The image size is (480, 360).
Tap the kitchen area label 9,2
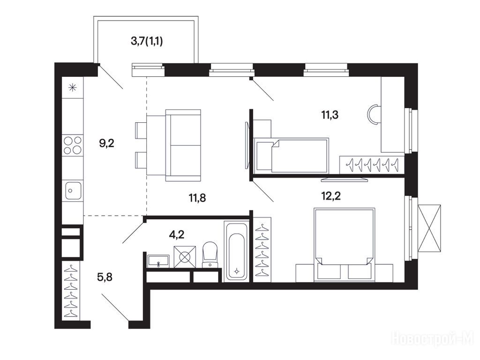coord(106,143)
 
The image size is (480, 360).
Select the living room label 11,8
coord(197,198)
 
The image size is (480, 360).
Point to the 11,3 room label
coord(330,115)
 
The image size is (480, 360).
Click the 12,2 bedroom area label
coord(331,195)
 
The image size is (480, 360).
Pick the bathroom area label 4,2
coord(177,235)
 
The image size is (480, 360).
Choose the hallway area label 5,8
coord(105,277)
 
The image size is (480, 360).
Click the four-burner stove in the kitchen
coord(73,145)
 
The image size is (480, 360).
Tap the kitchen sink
coord(73,190)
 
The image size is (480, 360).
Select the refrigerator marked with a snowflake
coord(73,87)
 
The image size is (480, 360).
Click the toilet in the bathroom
coord(210,255)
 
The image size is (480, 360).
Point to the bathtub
coord(236,251)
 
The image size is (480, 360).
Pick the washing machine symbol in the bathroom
coord(185,256)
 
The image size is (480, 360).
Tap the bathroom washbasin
coord(158,261)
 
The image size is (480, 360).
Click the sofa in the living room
coord(183,145)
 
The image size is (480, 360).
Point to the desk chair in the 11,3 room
coord(374,115)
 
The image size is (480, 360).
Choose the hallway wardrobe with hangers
coord(71,291)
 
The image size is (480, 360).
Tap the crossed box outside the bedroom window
coord(429,228)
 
